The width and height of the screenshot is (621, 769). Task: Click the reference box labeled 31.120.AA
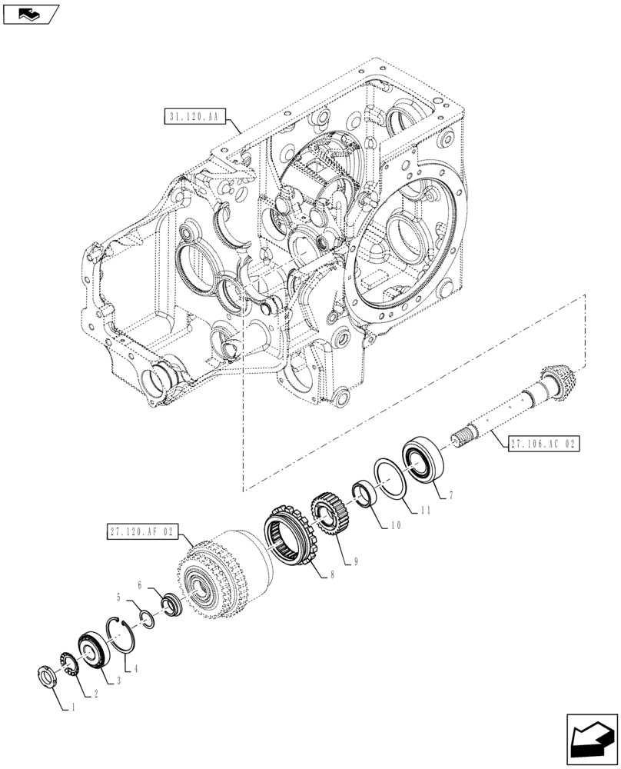191,117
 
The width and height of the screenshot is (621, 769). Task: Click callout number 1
73,708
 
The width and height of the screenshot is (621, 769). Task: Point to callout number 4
137,668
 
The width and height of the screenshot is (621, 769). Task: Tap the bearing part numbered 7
421,459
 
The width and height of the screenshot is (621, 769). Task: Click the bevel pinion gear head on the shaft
559,384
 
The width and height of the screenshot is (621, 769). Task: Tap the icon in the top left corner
31,12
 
